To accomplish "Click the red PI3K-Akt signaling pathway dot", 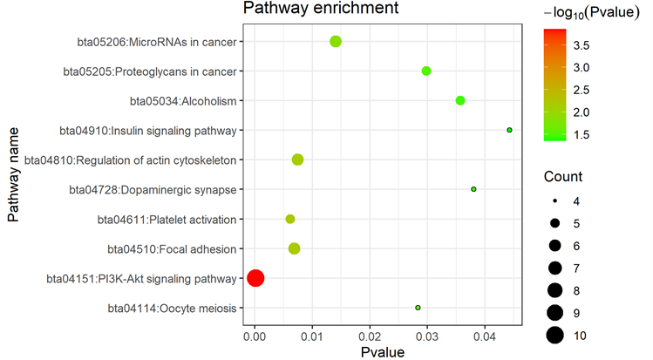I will pyautogui.click(x=255, y=278).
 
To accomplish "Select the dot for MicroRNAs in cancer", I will pyautogui.click(x=335, y=41).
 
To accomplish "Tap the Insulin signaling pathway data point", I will pyautogui.click(x=509, y=130).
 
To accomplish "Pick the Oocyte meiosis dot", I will pyautogui.click(x=418, y=308).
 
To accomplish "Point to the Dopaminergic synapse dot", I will pyautogui.click(x=473, y=189).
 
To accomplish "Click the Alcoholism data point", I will pyautogui.click(x=460, y=100).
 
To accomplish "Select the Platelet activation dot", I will pyautogui.click(x=290, y=219).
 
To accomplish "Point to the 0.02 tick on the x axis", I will pyautogui.click(x=370, y=333).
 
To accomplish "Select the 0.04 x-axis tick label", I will pyautogui.click(x=485, y=333).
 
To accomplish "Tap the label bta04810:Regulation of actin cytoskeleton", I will pyautogui.click(x=130, y=160).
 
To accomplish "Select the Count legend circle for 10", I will pyautogui.click(x=553, y=335).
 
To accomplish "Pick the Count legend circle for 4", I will pyautogui.click(x=553, y=202).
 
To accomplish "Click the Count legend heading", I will pyautogui.click(x=563, y=176).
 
